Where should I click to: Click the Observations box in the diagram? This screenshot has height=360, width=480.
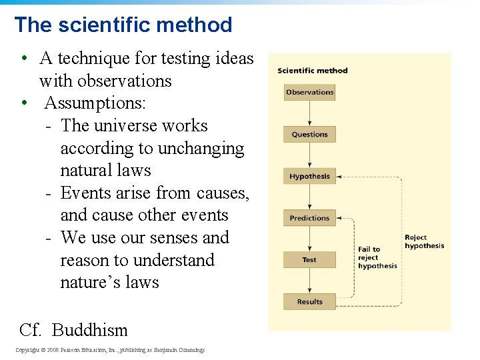pos(309,93)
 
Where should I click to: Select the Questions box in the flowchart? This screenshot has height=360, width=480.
pos(309,135)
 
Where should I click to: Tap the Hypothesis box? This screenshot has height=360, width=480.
pos(309,177)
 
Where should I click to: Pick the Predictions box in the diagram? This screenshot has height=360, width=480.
pos(309,218)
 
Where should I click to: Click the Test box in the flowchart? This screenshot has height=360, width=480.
pos(309,260)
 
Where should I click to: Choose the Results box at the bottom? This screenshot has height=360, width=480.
pos(309,302)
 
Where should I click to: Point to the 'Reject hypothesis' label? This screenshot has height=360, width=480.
pos(424,241)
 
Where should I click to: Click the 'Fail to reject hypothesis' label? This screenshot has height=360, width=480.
pos(377,257)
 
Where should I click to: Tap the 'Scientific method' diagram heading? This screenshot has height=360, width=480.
pos(312,71)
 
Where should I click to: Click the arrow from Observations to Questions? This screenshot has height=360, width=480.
pos(309,113)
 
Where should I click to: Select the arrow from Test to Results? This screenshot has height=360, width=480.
pos(309,281)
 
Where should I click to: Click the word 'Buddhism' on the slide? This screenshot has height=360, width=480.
pos(89,330)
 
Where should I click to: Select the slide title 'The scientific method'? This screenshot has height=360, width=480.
pos(123,25)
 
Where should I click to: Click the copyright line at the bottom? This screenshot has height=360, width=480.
pos(110,350)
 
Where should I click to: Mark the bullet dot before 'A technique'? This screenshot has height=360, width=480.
pos(23,59)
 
